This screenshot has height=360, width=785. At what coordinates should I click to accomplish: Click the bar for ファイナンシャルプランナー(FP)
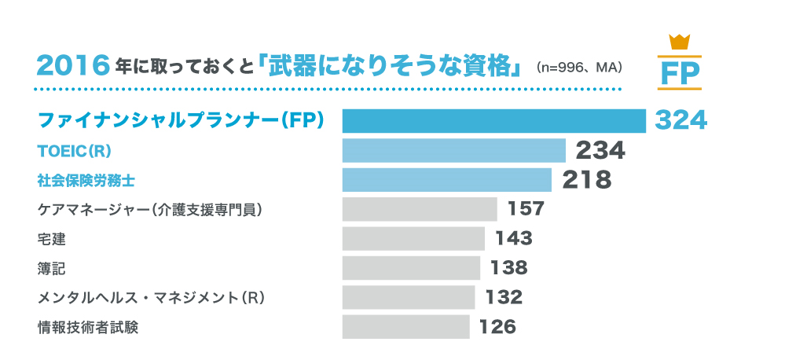[x=493, y=120]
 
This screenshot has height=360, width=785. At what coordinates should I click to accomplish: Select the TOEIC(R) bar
[x=453, y=150]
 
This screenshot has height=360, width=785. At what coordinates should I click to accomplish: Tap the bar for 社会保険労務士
[x=447, y=179]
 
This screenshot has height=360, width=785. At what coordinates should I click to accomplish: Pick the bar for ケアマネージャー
[x=420, y=209]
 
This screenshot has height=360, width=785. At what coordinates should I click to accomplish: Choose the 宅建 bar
[x=413, y=238]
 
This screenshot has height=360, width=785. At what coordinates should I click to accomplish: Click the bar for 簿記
[x=411, y=268]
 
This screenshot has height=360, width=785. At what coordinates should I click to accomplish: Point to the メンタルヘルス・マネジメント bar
[x=409, y=297]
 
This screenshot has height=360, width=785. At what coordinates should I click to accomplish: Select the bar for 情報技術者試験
[x=405, y=326]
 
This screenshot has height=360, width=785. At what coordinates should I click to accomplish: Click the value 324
[x=680, y=120]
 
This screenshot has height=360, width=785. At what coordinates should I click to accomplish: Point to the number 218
[x=587, y=179]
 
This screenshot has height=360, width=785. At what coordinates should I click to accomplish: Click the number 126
[x=497, y=326]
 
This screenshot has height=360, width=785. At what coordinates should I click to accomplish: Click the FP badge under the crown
[x=680, y=72]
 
